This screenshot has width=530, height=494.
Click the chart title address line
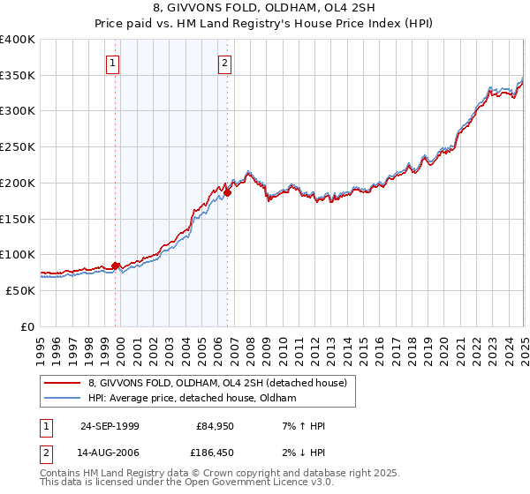click(x=265, y=10)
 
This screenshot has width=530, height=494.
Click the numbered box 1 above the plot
click(x=114, y=63)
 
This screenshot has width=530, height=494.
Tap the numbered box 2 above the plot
click(x=225, y=63)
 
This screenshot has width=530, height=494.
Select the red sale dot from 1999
click(x=116, y=266)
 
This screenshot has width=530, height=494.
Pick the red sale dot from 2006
click(x=227, y=191)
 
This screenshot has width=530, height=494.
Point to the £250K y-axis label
click(x=18, y=147)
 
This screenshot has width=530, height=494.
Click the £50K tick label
click(x=20, y=290)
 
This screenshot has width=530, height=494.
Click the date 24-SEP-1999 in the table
click(x=110, y=426)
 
